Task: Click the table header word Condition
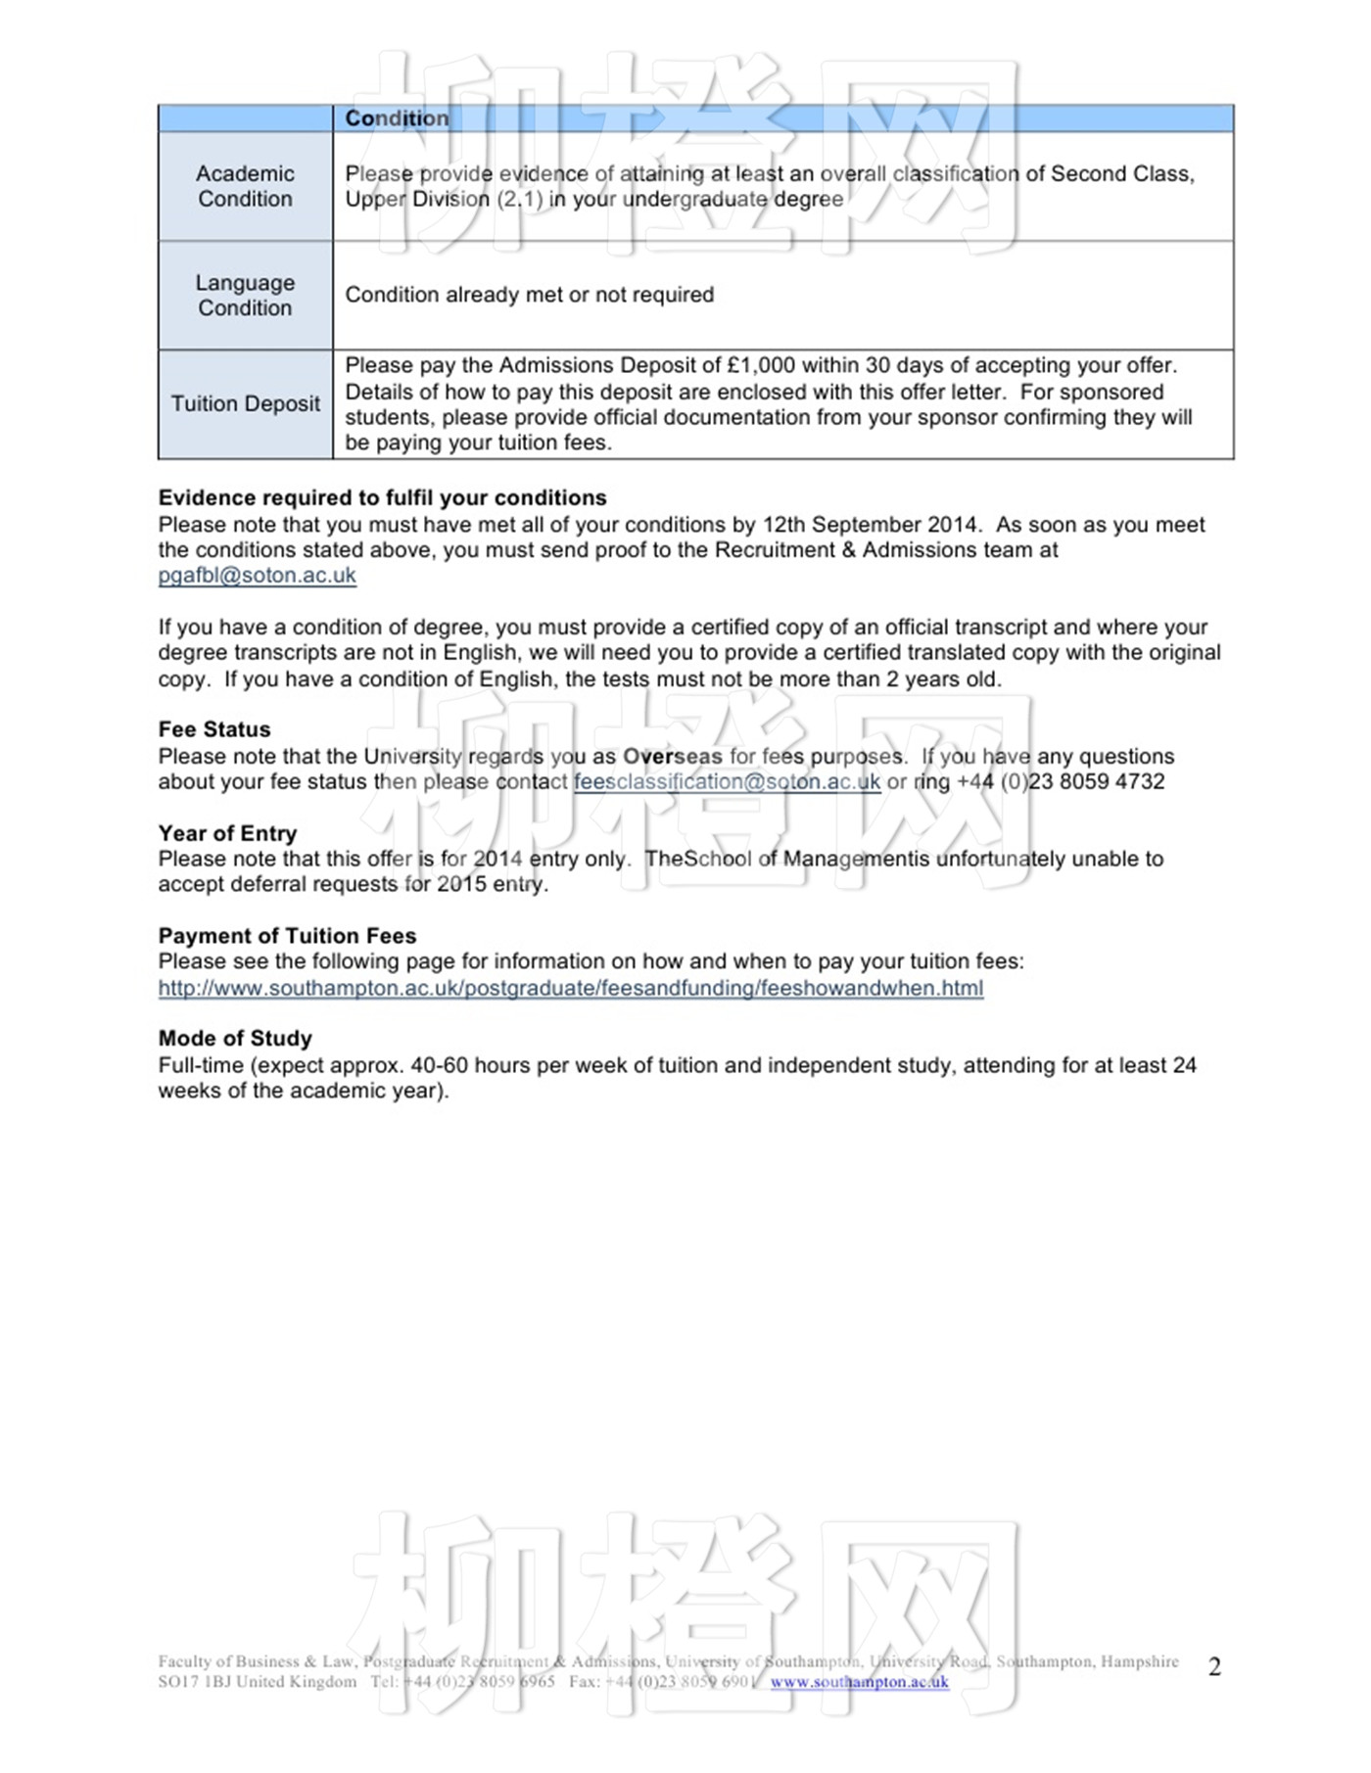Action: pyautogui.click(x=397, y=118)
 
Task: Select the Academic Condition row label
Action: pyautogui.click(x=245, y=186)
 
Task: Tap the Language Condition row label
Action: pyautogui.click(x=245, y=295)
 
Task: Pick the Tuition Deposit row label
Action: pyautogui.click(x=245, y=403)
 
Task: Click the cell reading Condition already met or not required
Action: pyautogui.click(x=529, y=295)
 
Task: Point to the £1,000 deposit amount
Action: pyautogui.click(x=761, y=365)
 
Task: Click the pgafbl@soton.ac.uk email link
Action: pyautogui.click(x=257, y=576)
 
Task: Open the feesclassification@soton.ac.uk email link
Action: pyautogui.click(x=727, y=782)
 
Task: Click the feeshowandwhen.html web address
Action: pyautogui.click(x=570, y=988)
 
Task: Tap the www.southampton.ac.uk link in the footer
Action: pyautogui.click(x=859, y=1682)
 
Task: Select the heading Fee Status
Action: pyautogui.click(x=214, y=729)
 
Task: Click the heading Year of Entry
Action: pyautogui.click(x=227, y=833)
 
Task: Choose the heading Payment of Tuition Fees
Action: pyautogui.click(x=287, y=936)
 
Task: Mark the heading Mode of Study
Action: pyautogui.click(x=235, y=1039)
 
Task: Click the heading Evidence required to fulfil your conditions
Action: pyautogui.click(x=382, y=497)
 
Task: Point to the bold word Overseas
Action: pyautogui.click(x=672, y=757)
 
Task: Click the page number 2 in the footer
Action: pyautogui.click(x=1214, y=1667)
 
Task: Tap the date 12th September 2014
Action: pyautogui.click(x=871, y=525)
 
